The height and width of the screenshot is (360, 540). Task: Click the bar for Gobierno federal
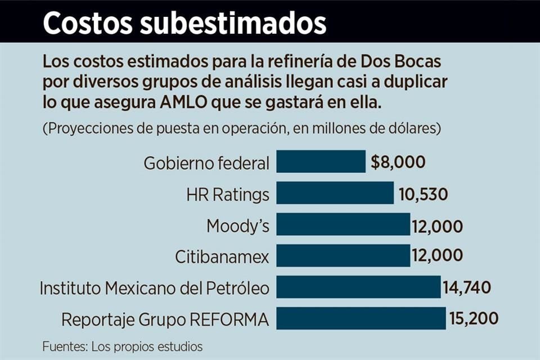[x=321, y=162]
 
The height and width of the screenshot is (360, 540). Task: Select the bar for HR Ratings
[x=335, y=193]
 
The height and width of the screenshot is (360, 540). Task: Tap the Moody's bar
[x=343, y=225]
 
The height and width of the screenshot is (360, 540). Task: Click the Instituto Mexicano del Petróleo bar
[x=358, y=287]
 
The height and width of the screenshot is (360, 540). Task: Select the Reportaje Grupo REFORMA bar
[x=361, y=319]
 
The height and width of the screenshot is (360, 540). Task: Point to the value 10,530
[x=424, y=194]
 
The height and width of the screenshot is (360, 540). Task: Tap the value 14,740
[x=467, y=288]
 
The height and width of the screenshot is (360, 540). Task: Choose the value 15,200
[x=474, y=319]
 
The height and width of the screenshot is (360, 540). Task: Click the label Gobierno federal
[x=206, y=163]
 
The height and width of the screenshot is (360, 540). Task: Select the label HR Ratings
[x=227, y=195]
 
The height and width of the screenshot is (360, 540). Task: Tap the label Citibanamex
[x=222, y=258]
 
